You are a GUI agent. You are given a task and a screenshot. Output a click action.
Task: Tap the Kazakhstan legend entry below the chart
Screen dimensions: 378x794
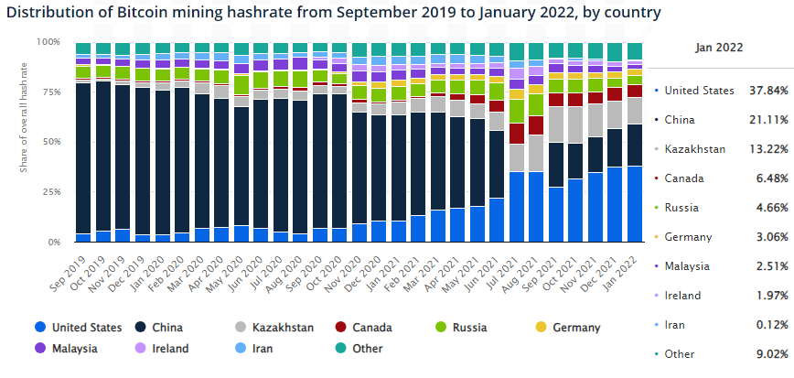pos(283,328)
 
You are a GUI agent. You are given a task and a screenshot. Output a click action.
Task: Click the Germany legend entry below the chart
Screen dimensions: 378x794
pos(575,328)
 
